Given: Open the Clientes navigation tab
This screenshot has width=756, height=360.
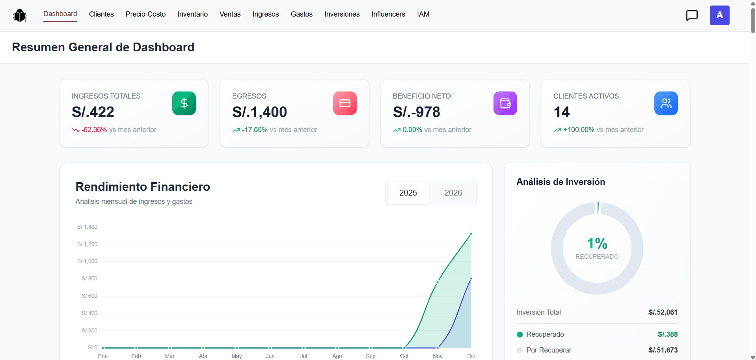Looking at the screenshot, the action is (101, 14).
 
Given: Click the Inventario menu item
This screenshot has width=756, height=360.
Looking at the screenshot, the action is (192, 14).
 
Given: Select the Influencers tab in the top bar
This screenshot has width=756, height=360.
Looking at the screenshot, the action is (388, 14).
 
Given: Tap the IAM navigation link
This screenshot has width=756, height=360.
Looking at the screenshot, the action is (423, 14).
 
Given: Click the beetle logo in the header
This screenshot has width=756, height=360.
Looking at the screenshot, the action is (20, 15).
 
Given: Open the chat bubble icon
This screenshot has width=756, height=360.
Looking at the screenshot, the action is (692, 15).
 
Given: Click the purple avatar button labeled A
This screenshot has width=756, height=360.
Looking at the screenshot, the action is (719, 15).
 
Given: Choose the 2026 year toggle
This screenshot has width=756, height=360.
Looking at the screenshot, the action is (453, 193).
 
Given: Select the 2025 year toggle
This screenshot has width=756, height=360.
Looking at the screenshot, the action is (408, 193).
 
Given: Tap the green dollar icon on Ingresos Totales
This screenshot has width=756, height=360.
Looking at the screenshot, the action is (184, 103).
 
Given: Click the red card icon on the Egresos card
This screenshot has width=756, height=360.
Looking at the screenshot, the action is (345, 103).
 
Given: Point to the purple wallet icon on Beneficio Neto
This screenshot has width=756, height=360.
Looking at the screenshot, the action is (505, 103).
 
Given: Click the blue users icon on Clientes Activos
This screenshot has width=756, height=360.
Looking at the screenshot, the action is (666, 103).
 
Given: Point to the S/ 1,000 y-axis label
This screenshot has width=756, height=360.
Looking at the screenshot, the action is (87, 261).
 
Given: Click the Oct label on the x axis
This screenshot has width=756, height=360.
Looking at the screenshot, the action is (404, 356).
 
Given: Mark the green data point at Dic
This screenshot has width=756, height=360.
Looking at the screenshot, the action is (471, 234).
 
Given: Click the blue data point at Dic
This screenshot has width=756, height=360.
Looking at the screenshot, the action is (471, 279).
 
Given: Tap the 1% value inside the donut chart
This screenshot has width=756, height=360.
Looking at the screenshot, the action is (597, 243).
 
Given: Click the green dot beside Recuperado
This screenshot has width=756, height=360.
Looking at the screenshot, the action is (520, 334).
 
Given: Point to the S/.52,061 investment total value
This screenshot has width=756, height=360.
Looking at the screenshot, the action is (663, 312).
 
